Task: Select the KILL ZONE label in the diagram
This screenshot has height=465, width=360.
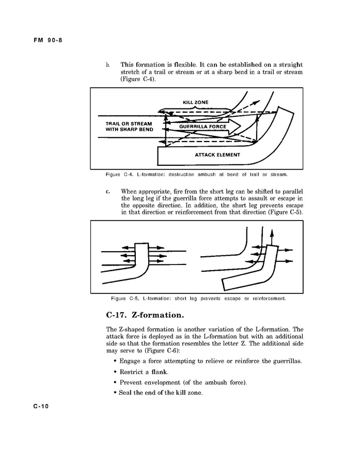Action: pyautogui.click(x=196, y=102)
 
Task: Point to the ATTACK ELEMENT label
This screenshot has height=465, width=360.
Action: pyautogui.click(x=217, y=154)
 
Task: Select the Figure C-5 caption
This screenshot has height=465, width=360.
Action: pyautogui.click(x=198, y=298)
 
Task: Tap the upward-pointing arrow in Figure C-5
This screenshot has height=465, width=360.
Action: pyautogui.click(x=272, y=237)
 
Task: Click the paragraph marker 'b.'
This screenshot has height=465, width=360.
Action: pyautogui.click(x=108, y=65)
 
